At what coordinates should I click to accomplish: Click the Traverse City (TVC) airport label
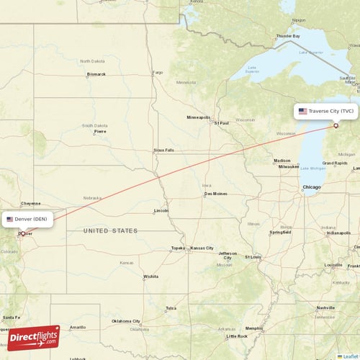[326, 112]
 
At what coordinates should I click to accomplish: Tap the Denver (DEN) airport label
[27, 219]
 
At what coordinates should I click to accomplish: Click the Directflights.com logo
[33, 338]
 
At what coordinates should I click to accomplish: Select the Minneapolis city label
[199, 117]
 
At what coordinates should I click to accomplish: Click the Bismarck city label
[96, 74]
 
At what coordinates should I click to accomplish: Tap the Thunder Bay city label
[287, 35]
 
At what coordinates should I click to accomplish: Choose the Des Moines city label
[215, 194]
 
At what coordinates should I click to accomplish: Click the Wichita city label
[150, 276]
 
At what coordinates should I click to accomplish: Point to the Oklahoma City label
[126, 321]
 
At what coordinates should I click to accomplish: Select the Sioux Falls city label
[163, 150]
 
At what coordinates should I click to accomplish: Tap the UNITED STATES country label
[110, 231]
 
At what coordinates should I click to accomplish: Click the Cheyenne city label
[30, 204]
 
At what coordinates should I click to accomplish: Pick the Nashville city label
[325, 307]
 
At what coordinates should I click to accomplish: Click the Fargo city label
[158, 73]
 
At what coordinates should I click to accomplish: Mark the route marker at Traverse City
[336, 126]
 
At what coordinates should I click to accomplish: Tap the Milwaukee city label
[288, 166]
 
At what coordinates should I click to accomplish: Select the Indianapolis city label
[338, 233]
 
